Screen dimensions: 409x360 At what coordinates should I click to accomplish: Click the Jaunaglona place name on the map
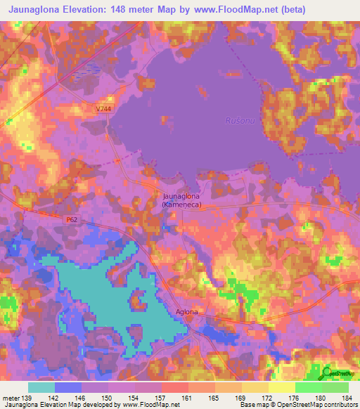coord(181,196)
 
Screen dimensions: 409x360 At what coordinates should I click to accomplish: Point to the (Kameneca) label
coord(181,204)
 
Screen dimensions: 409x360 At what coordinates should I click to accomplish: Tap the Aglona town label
coord(186,311)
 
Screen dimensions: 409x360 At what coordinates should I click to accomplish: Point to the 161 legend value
coord(188,398)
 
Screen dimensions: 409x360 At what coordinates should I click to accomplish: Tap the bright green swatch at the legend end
coord(335,387)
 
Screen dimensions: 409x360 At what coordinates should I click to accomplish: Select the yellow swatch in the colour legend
coord(281,387)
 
